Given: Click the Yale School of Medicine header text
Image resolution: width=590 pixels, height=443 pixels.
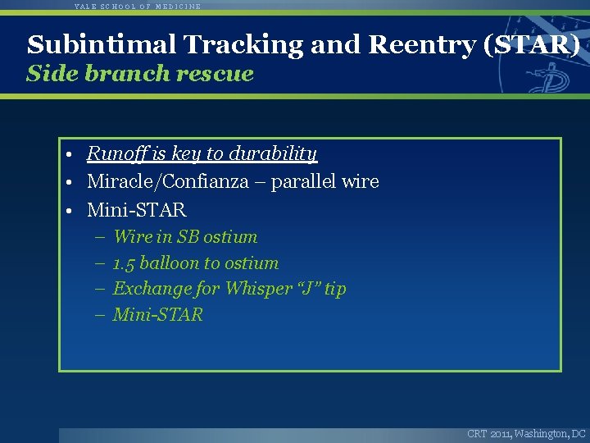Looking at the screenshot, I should pos(137,6).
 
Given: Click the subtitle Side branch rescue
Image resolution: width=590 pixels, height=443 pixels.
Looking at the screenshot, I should pos(140,74).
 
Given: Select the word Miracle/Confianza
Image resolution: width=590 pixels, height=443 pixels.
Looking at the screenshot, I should pos(167,181).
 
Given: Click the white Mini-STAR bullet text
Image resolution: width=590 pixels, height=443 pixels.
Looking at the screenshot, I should pos(136,210).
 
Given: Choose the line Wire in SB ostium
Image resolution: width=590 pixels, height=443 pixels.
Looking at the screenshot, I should pos(185,237).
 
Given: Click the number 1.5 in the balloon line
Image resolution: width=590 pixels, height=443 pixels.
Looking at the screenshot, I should pos(124,263).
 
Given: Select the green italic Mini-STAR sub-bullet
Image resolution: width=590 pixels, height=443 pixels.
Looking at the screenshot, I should pos(157,315).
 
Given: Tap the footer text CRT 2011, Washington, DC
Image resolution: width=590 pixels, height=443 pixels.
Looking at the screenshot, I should pos(526,433).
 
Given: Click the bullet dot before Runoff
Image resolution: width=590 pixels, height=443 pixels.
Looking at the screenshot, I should pos(72,154).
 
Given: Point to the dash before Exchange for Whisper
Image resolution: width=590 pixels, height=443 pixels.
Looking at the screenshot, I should pos(98,289).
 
